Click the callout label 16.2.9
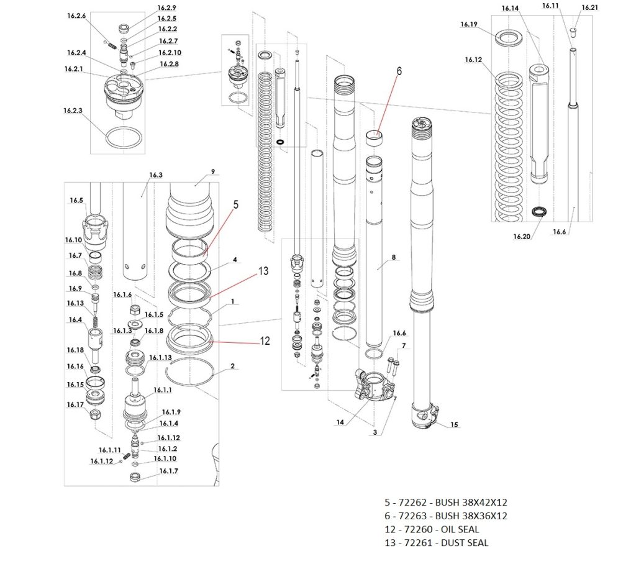click(x=167, y=8)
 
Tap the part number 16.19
click(x=468, y=25)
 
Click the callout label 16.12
click(x=473, y=60)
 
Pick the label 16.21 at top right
click(x=589, y=7)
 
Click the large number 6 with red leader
click(x=399, y=71)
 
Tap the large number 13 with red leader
click(x=263, y=271)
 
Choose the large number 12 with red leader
click(x=265, y=341)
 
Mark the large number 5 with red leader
click(x=235, y=204)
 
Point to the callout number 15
click(x=454, y=425)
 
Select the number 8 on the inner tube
click(x=393, y=257)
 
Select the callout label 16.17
click(x=75, y=405)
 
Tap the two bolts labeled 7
click(x=393, y=363)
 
